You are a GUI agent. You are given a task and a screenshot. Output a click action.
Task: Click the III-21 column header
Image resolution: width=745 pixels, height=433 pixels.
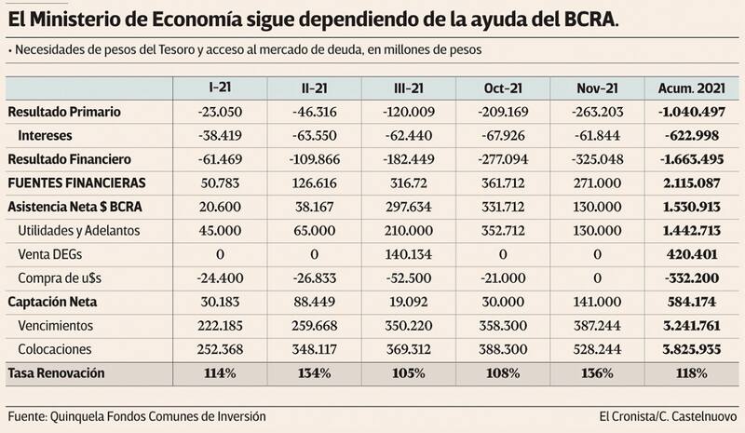point(409,88)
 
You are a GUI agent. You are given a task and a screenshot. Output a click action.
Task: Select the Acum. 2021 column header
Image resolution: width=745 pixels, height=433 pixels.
point(691,88)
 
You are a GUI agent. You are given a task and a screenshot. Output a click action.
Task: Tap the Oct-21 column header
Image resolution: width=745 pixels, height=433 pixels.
point(503,88)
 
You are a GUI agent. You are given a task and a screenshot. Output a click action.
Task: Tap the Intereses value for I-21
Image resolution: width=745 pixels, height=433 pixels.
point(220,135)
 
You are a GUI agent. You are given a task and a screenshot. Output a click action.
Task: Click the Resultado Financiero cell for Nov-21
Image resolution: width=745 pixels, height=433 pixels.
point(597,158)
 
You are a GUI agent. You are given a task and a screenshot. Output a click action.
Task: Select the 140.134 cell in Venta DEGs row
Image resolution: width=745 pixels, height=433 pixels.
point(409,253)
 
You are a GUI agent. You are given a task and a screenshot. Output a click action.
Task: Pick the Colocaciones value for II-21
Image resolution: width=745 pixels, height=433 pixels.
point(314,348)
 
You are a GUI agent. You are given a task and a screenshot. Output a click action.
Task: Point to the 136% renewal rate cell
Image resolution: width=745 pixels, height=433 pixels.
point(597,372)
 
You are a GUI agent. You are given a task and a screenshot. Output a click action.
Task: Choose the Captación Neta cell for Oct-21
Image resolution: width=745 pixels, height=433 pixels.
point(503,301)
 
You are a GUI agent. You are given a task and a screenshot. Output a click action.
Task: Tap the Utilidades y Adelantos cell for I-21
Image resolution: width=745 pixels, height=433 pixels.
point(220,230)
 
